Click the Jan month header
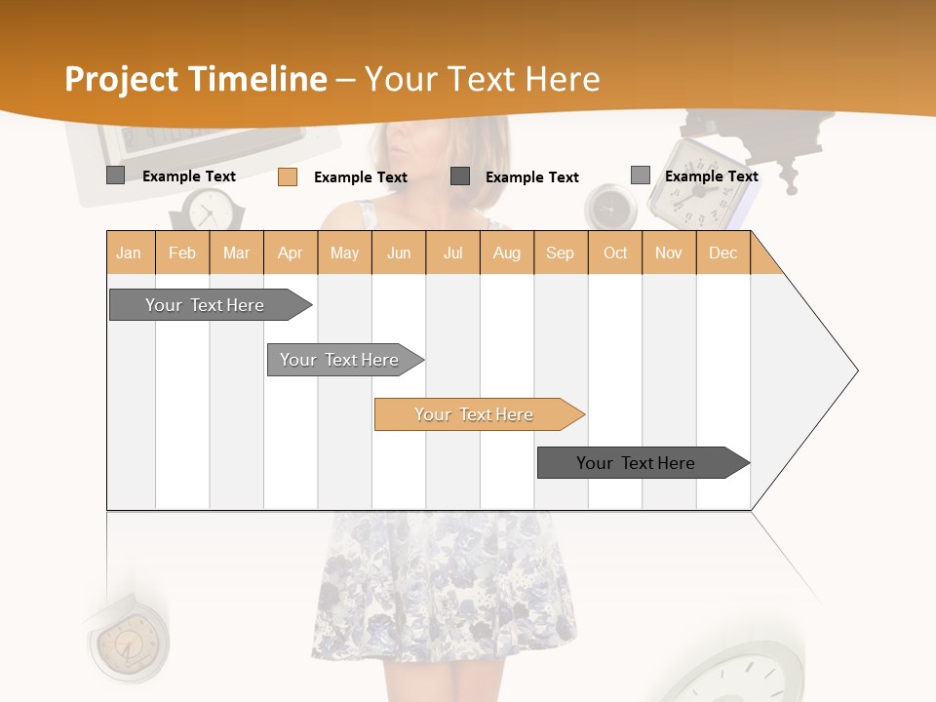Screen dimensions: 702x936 click(130, 253)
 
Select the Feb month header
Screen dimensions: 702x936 click(182, 253)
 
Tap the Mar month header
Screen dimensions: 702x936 click(236, 253)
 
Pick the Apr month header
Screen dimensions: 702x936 click(291, 253)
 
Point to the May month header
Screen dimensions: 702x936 click(344, 253)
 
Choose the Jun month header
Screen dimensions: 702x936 click(399, 253)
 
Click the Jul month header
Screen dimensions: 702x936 click(452, 253)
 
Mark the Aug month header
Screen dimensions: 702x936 click(507, 253)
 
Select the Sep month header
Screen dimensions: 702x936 click(561, 253)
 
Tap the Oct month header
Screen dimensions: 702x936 click(615, 253)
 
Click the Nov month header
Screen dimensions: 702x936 click(669, 253)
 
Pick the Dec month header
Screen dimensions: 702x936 click(723, 253)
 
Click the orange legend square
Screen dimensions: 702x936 click(288, 176)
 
